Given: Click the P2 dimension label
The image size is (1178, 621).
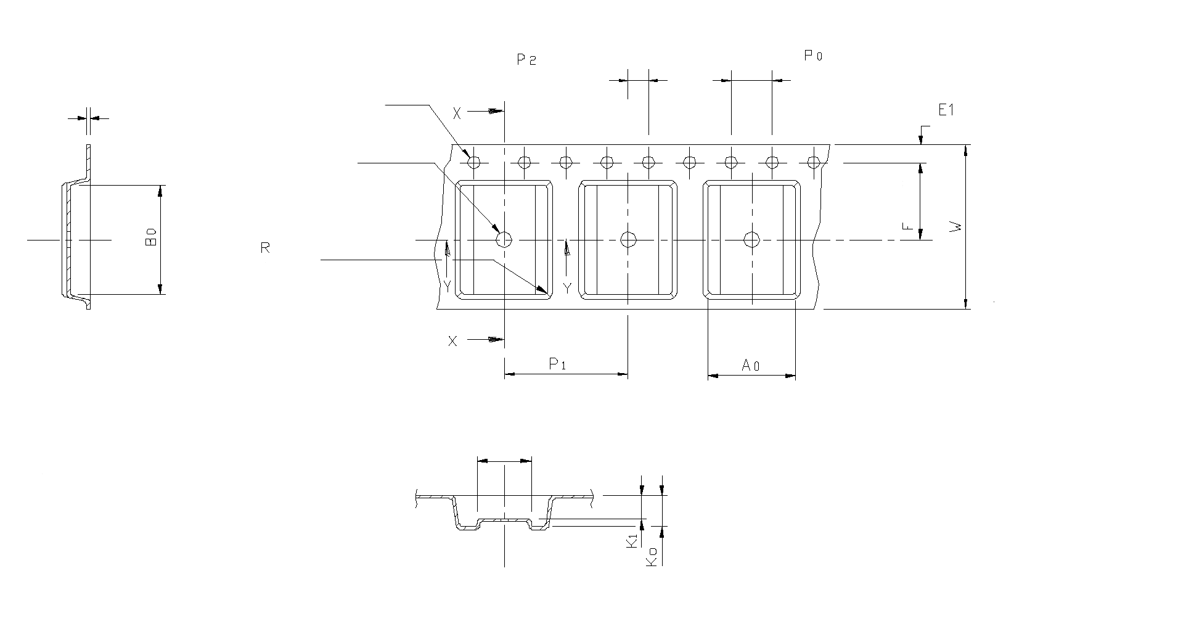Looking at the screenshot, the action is click(526, 60).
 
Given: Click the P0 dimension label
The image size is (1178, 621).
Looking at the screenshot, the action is click(813, 56).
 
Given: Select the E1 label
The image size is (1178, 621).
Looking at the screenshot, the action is click(946, 110).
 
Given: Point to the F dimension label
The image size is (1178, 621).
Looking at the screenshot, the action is click(907, 226).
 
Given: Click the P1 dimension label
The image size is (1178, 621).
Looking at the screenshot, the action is click(558, 364).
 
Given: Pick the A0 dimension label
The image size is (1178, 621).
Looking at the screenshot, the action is click(750, 366).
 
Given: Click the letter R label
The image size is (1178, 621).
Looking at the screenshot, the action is click(265, 249).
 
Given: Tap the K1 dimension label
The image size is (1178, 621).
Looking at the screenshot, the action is click(631, 541).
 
